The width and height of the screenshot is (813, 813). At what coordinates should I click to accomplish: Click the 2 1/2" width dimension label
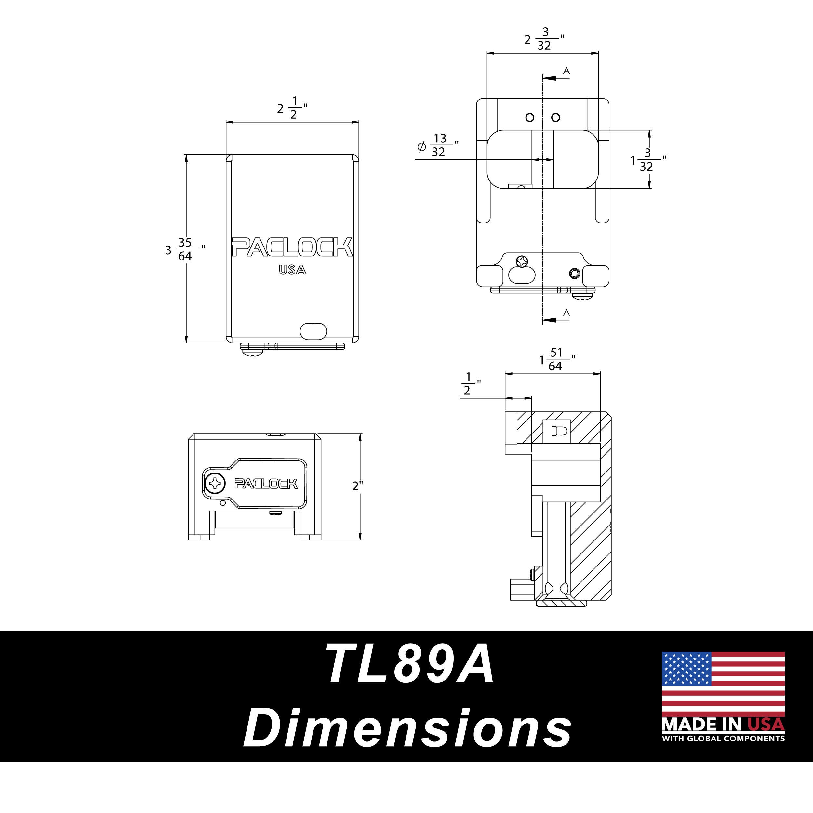click(x=292, y=108)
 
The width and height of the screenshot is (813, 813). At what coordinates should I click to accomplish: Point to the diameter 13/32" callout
click(x=438, y=146)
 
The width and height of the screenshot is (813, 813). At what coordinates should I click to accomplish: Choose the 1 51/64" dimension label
click(x=556, y=359)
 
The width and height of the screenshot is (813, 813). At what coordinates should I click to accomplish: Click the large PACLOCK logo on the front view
click(x=292, y=247)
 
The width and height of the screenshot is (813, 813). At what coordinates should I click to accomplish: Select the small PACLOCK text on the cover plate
click(x=266, y=484)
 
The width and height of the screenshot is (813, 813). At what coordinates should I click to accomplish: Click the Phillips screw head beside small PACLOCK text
click(x=215, y=484)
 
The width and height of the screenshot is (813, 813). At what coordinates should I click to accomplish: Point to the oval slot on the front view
click(x=313, y=331)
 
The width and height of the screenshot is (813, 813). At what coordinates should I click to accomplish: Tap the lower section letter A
click(x=566, y=313)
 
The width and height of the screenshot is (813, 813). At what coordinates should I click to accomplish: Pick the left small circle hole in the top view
click(x=530, y=117)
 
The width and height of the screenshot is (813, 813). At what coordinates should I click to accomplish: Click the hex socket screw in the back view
click(x=574, y=273)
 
